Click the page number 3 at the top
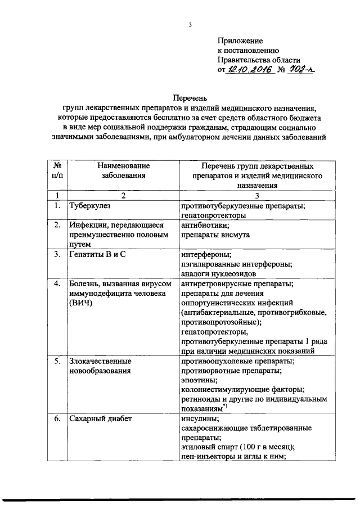[191, 24]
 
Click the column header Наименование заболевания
[123, 170]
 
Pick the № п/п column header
[57, 170]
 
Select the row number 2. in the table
[57, 225]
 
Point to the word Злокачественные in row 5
[100, 361]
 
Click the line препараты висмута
[215, 235]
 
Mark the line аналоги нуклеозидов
[219, 273]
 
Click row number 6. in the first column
[57, 418]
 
